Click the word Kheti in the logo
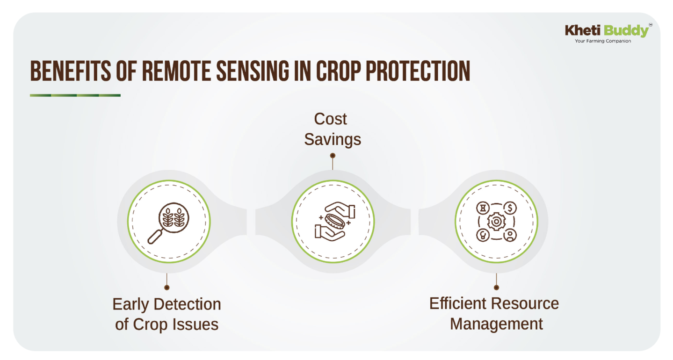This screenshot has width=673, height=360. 583,30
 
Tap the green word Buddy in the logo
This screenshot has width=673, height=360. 626,31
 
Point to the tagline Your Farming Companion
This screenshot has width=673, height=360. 603,41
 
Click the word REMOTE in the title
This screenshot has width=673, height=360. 176,71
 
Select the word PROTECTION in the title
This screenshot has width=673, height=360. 418,71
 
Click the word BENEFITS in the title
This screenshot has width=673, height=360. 70,71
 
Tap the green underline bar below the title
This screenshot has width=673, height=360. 75,95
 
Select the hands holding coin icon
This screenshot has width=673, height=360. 335,222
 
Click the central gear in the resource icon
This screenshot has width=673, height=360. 496,222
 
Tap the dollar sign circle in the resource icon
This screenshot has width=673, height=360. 510,208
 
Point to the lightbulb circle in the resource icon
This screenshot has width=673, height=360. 483,235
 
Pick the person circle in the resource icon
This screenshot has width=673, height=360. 510,235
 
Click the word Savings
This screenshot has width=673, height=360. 333,139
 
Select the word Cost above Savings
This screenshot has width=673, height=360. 330,119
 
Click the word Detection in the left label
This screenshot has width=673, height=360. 187,304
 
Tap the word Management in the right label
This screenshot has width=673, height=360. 496,324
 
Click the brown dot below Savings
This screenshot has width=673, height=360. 333,156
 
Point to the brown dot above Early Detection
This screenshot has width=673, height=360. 167,288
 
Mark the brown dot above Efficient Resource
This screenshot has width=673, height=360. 496,288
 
